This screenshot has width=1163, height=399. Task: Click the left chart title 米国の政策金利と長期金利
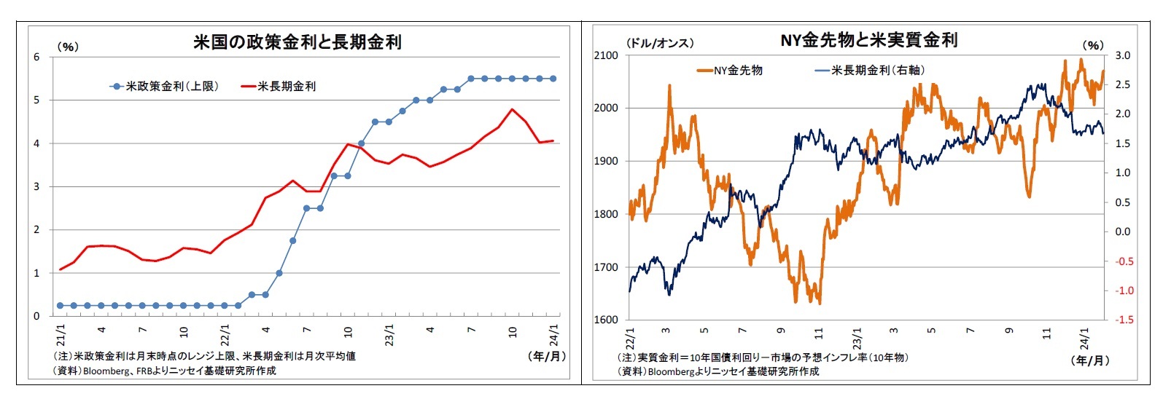(x=297, y=42)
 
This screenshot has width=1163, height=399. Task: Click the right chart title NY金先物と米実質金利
(x=868, y=40)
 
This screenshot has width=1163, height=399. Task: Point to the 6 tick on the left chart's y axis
(x=36, y=57)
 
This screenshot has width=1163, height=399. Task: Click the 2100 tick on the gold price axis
(x=605, y=55)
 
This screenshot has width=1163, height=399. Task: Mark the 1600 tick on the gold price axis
(x=605, y=320)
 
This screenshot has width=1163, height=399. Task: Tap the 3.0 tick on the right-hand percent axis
(x=1122, y=55)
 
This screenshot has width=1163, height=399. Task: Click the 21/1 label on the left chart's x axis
(x=61, y=336)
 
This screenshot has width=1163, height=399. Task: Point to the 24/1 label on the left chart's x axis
(x=554, y=336)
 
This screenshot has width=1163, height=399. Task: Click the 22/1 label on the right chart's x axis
(x=630, y=339)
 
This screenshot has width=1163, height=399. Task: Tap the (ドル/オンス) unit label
(x=660, y=44)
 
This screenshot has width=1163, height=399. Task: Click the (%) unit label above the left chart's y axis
(x=67, y=47)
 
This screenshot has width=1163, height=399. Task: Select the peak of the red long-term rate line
(x=512, y=109)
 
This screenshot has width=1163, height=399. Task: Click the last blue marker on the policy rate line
(x=553, y=79)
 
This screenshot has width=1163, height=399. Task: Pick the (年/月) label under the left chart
(x=546, y=356)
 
